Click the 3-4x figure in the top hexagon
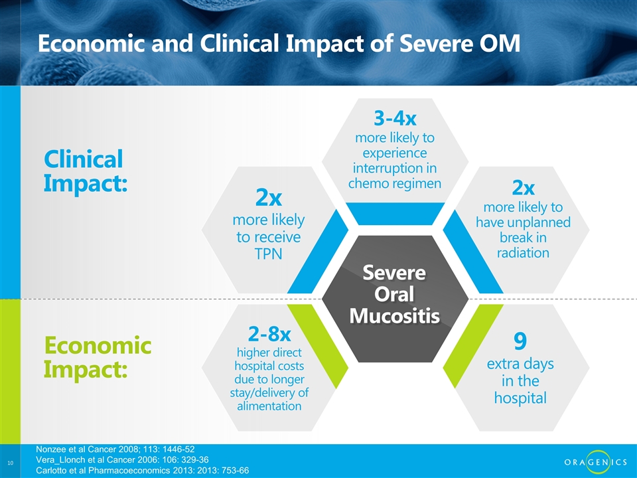(395, 118)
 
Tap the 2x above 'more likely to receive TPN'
(269, 198)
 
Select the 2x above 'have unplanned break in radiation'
(524, 187)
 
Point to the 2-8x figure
(269, 334)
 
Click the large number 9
(520, 341)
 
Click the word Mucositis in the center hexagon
(394, 316)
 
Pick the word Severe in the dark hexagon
(394, 272)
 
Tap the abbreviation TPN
(268, 254)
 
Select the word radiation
(523, 252)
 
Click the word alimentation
(269, 406)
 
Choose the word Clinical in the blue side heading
(84, 159)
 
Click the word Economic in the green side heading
(98, 345)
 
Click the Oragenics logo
(596, 462)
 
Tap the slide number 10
(10, 463)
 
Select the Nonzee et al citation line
(115, 449)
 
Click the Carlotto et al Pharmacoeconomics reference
(143, 470)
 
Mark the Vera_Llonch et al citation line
(122, 459)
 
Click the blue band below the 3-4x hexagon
(395, 213)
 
